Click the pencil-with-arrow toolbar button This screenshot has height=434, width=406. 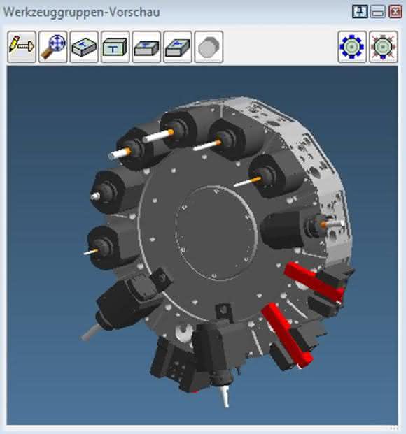point(22,47)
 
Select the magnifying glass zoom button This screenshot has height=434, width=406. point(53,47)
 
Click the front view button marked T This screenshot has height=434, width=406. point(115,47)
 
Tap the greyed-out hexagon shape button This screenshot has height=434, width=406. point(209,47)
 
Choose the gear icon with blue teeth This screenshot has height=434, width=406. point(352,47)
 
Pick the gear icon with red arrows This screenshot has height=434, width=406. point(384,47)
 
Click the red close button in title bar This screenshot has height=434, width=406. point(395,12)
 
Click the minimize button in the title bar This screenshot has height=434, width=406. point(378,12)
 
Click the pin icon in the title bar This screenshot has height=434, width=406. point(360,12)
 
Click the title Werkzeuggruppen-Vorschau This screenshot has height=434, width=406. point(81,12)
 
